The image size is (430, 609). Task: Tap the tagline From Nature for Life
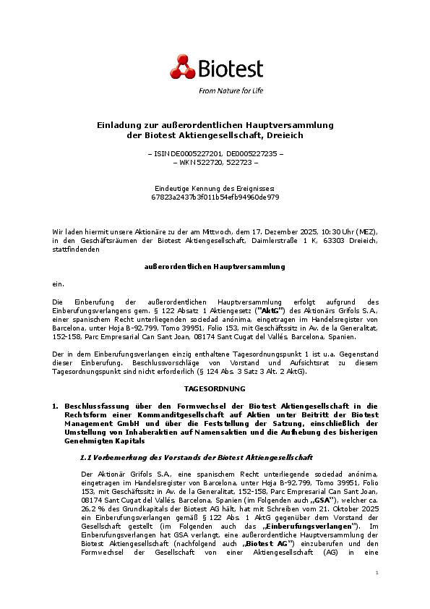tap(230, 91)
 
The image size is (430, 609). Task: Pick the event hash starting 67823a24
tap(215, 197)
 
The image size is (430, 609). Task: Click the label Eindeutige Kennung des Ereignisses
tap(215, 188)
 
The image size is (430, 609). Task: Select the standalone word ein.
tap(58, 284)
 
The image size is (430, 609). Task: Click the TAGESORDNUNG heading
tap(215, 388)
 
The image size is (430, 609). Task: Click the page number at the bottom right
tap(377, 592)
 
